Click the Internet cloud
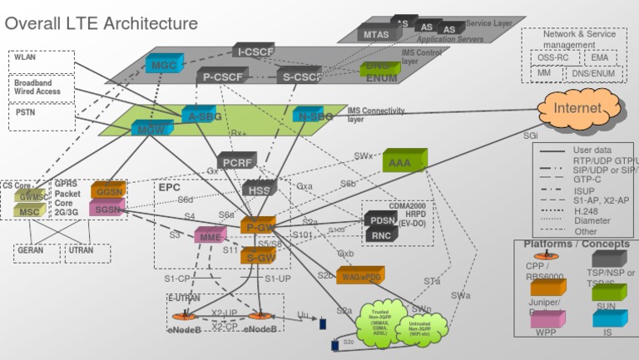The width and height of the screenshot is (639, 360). [577, 109]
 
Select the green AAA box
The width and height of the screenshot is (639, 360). [404, 162]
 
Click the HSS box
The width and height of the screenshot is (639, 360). [257, 189]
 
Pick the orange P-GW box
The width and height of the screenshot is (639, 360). [257, 226]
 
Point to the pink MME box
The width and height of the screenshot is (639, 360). [208, 237]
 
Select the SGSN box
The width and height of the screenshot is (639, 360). [107, 210]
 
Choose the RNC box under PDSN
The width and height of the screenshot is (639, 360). [381, 236]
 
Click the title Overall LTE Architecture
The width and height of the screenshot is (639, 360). [102, 23]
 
